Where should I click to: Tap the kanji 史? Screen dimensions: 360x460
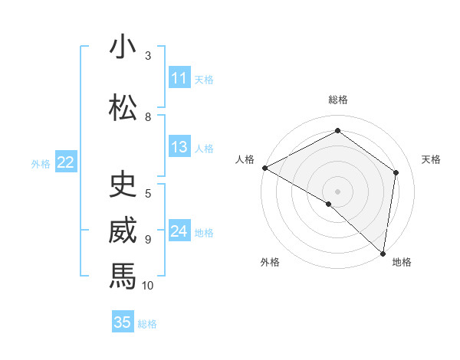point(123,184)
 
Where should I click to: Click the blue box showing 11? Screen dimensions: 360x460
point(179,78)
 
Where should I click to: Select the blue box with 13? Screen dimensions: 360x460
point(179,147)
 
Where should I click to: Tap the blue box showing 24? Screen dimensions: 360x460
point(179,231)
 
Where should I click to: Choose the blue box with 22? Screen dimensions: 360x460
point(65,162)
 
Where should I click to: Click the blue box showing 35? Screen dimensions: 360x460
point(123,322)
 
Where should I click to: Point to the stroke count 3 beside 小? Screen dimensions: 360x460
point(148,56)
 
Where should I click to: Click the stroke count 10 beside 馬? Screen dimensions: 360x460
point(148,286)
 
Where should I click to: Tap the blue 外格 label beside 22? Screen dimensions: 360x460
point(41,163)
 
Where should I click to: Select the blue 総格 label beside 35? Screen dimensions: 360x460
point(147,323)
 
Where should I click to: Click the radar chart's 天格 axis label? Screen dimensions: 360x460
point(432,159)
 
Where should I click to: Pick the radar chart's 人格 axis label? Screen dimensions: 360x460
point(245,159)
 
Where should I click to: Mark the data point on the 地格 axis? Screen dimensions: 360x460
point(383,253)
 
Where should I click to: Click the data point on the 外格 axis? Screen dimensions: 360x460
point(329,204)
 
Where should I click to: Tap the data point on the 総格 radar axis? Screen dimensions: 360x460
point(337,131)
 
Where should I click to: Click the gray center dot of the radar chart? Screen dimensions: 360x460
point(337,191)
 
